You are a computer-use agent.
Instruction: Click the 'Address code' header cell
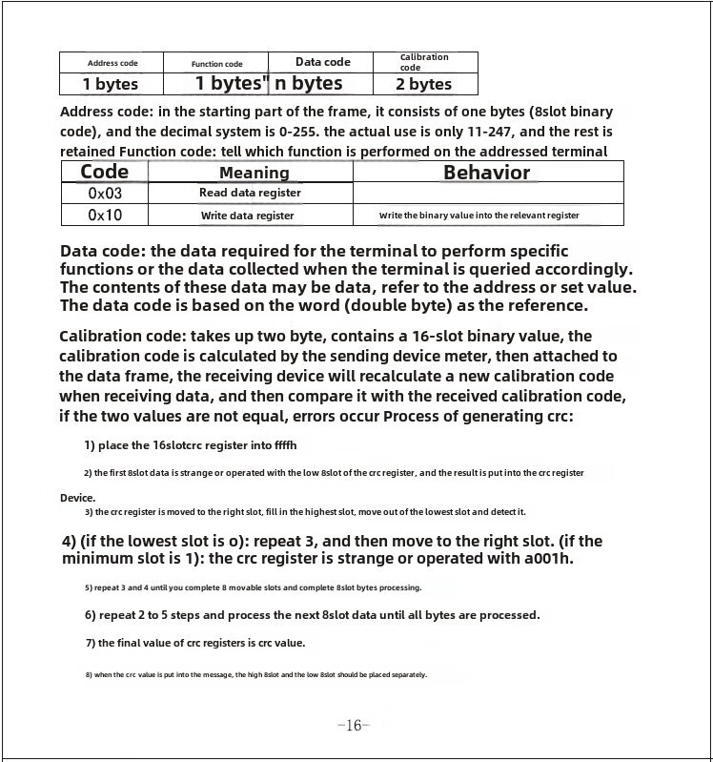tap(112, 63)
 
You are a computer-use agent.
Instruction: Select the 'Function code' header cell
tap(216, 64)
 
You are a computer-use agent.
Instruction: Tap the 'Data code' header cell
tap(322, 62)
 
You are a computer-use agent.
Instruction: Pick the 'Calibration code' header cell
tap(424, 62)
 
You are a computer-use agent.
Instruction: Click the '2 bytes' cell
tap(424, 84)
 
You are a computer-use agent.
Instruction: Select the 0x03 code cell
tap(105, 193)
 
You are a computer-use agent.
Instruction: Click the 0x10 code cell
tap(105, 216)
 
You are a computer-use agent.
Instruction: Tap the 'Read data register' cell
tap(250, 193)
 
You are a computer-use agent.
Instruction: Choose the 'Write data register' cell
tap(247, 216)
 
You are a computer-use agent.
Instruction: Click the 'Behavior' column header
tap(486, 173)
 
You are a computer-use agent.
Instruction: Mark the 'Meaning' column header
tap(254, 173)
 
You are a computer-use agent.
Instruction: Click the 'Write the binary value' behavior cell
tap(479, 216)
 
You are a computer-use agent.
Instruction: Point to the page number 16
tap(353, 726)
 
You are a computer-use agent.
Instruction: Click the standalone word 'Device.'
tap(77, 498)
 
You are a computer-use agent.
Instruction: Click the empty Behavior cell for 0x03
tap(488, 193)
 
